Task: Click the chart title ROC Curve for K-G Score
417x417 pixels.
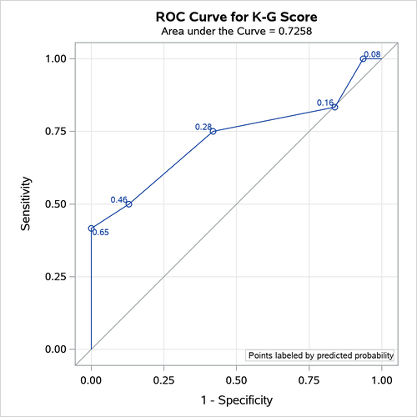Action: pyautogui.click(x=236, y=16)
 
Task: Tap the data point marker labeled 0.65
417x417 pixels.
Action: pyautogui.click(x=91, y=228)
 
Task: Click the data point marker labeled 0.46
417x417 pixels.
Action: pyautogui.click(x=128, y=204)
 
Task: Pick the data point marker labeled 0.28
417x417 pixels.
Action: pyautogui.click(x=214, y=131)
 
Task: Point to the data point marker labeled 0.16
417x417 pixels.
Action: pyautogui.click(x=334, y=107)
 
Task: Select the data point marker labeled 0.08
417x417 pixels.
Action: pyautogui.click(x=363, y=58)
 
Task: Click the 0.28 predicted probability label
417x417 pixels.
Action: pyautogui.click(x=203, y=127)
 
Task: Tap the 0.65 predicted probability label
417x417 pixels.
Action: pyautogui.click(x=101, y=233)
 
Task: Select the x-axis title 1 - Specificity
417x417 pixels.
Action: pyautogui.click(x=236, y=400)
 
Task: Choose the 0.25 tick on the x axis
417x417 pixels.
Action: pyautogui.click(x=163, y=379)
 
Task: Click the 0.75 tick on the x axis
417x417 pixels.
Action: pyautogui.click(x=309, y=379)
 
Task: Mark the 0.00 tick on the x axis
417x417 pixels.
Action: pyautogui.click(x=91, y=379)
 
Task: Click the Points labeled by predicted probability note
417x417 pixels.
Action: pyautogui.click(x=320, y=355)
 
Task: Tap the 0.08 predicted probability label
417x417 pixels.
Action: pyautogui.click(x=374, y=54)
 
